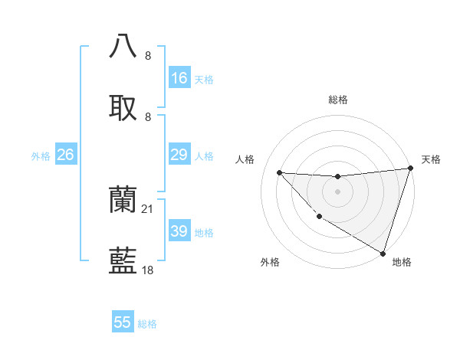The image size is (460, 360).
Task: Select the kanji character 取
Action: coord(123,108)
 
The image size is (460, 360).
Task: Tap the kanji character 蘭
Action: coord(123,201)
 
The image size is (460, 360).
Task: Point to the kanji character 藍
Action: coord(123,262)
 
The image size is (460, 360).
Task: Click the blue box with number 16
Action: coord(179,78)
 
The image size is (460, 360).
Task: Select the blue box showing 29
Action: coord(179,155)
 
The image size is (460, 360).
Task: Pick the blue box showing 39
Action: coord(179,231)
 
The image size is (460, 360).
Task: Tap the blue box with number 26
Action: coord(65,155)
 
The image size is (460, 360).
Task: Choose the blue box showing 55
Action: coord(123,322)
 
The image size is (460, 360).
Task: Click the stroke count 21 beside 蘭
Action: coord(148,208)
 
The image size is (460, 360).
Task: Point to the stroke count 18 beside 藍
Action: coord(148,270)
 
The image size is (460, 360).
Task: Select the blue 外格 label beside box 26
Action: coord(41,155)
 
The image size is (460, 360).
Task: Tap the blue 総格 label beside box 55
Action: coord(147,324)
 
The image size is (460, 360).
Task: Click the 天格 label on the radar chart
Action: coord(432,159)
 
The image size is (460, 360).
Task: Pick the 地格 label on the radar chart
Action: coord(402,262)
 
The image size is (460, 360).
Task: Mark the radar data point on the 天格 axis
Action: coord(410,169)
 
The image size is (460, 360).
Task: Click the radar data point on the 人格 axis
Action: coord(279,172)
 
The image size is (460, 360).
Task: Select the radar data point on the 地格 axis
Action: coord(383,253)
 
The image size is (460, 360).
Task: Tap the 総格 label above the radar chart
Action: coord(337,100)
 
